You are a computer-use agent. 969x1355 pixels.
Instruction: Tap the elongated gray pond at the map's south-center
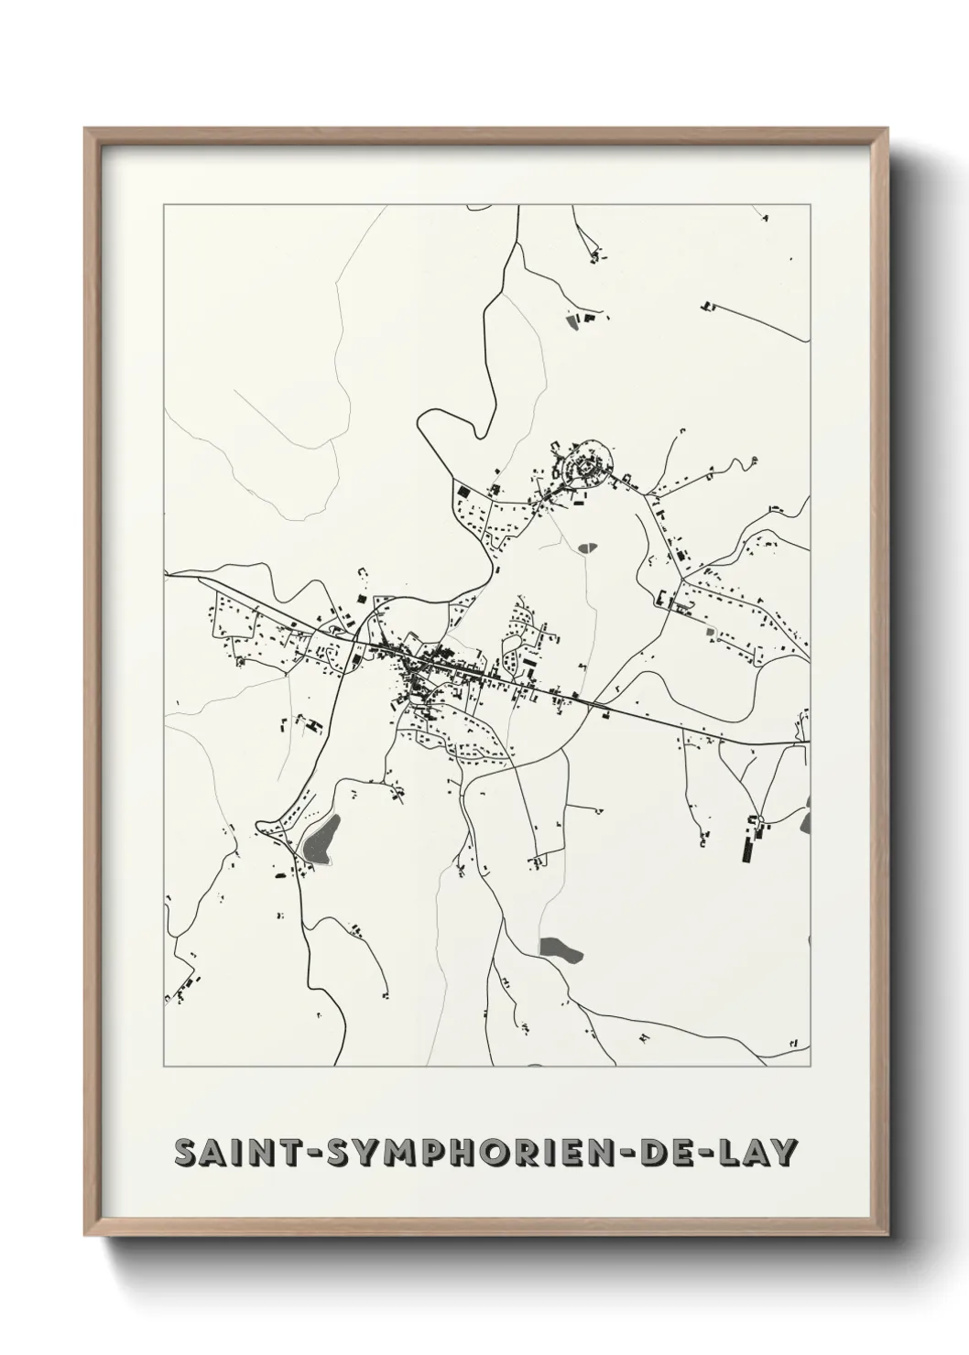click(x=561, y=949)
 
